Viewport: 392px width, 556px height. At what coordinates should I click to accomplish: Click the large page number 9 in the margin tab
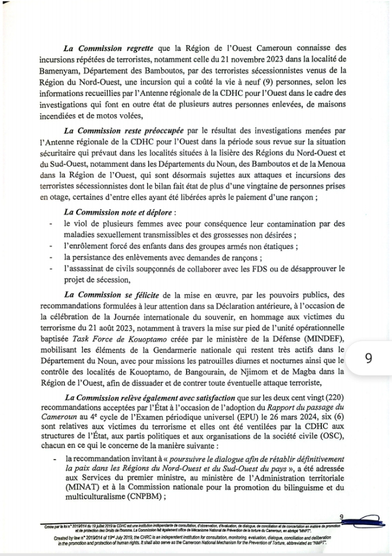click(368, 358)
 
